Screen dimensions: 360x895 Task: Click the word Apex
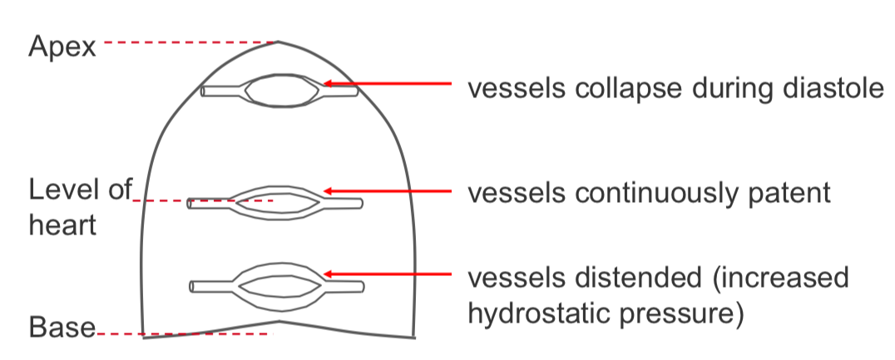62,47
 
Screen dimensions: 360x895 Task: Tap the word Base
62,328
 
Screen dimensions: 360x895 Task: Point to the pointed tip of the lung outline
279,41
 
